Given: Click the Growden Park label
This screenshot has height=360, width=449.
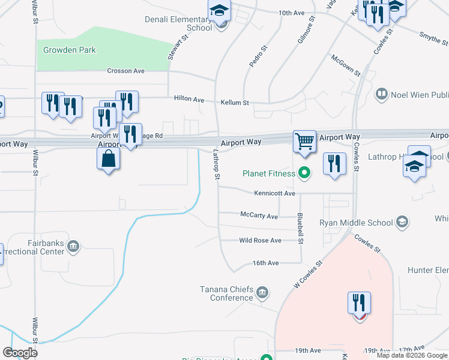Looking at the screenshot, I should coord(70,50).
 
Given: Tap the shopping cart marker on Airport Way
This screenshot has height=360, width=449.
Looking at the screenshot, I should coord(305,142).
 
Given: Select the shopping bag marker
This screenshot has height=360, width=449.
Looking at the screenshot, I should coord(109,159).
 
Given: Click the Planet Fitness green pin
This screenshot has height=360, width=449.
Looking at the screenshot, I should coord(304,174).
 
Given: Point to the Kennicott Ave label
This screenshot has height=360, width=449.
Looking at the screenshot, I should coord(275,194).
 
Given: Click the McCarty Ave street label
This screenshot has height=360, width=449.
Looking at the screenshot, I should coord(259,216).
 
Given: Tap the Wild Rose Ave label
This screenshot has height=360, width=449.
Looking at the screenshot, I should coord(260,241).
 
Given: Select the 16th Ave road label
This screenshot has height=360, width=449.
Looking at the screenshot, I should coord(265,263).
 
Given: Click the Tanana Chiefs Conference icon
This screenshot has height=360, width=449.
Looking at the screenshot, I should coord(262,293).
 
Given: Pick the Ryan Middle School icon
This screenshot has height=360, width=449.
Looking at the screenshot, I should coord(402,223).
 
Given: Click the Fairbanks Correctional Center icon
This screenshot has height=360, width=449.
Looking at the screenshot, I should coord(73,245).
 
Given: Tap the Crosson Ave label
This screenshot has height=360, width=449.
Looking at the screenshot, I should coord(126,71).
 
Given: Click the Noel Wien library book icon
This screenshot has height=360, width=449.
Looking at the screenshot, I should coord(381,94).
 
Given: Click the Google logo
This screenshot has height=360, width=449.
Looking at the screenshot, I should coord(20,353).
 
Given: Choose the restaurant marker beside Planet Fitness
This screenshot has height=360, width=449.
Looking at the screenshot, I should coord(334,163).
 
